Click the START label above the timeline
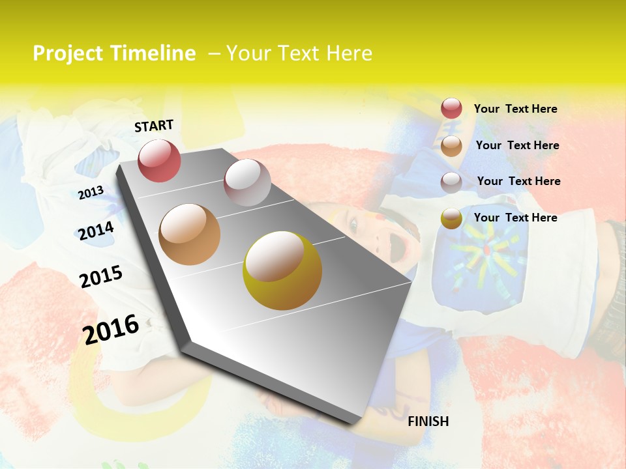tap(154, 126)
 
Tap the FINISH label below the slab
tap(428, 421)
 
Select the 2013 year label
tap(91, 192)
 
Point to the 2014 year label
tap(96, 231)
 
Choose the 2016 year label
tap(111, 329)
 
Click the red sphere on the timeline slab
tap(159, 160)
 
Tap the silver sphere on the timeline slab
tap(247, 182)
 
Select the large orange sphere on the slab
tap(190, 234)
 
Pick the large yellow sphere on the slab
tap(282, 270)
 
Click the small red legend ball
tap(451, 108)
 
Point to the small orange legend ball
tap(451, 146)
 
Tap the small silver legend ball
tap(451, 182)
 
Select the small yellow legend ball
tap(451, 218)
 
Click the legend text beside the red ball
tap(515, 109)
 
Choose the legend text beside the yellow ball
tap(515, 218)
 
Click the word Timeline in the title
tap(153, 53)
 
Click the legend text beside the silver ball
tap(518, 181)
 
